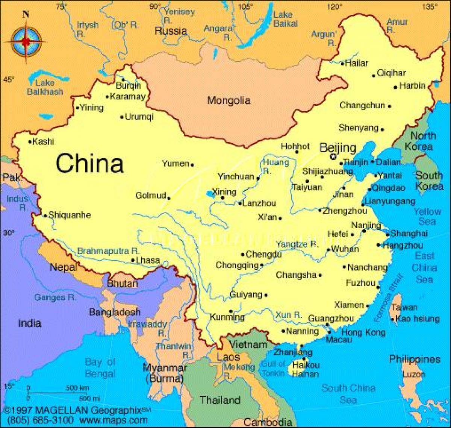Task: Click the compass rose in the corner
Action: coord(26,39)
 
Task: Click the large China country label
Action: coord(90,164)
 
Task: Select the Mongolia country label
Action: coord(229,100)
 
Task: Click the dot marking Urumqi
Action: coord(122,117)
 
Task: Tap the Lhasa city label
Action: coord(148,260)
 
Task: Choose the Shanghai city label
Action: coord(409,234)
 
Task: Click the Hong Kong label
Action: coord(363,332)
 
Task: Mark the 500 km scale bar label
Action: coord(77,388)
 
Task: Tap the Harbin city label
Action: coord(412,86)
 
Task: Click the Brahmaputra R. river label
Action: coord(109,251)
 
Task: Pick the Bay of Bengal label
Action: coord(100,368)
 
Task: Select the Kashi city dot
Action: coord(30,142)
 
